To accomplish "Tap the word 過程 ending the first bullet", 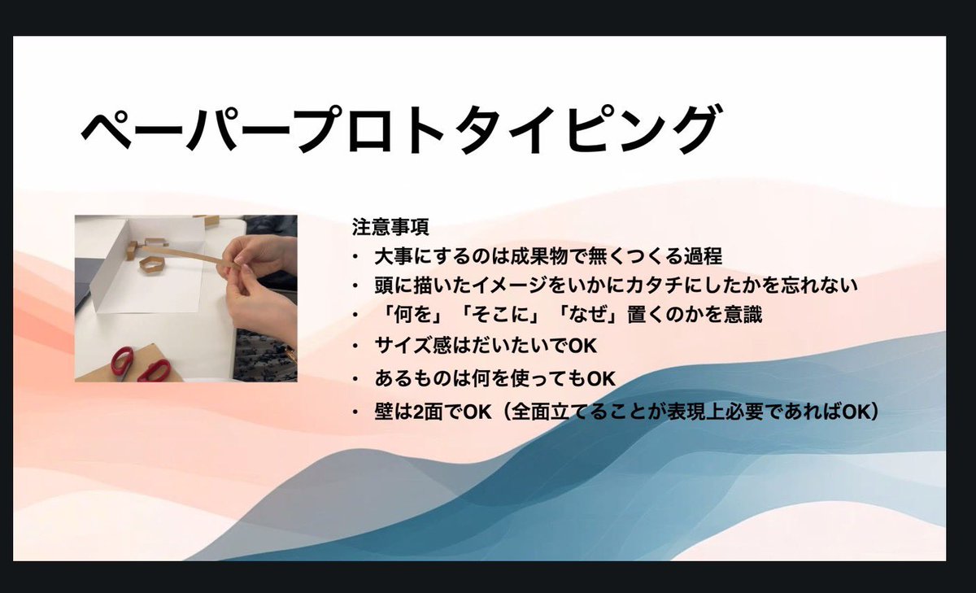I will (704, 255).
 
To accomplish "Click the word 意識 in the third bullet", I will (742, 316).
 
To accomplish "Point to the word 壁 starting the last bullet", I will (383, 412).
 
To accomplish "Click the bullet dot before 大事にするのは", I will (355, 256).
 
